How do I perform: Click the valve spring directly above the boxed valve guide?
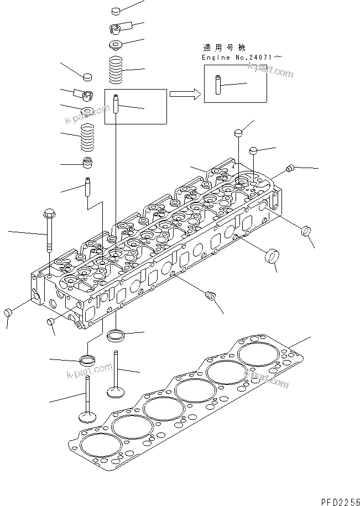[117, 70]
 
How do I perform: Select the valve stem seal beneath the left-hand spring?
[87, 163]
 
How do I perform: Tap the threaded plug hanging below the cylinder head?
[209, 296]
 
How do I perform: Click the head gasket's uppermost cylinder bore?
[255, 352]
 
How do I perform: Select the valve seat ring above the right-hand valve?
[117, 335]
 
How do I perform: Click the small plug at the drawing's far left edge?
[8, 314]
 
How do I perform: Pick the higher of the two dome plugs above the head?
[238, 133]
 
